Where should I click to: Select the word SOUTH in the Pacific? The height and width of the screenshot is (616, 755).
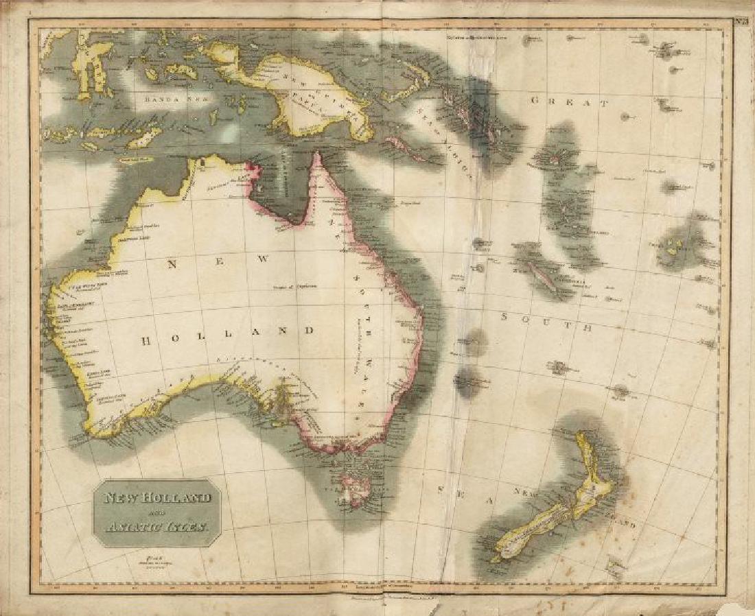[546, 322]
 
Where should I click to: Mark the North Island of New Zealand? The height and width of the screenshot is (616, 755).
[590, 480]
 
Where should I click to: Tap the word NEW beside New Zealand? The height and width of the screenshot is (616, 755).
[528, 493]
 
